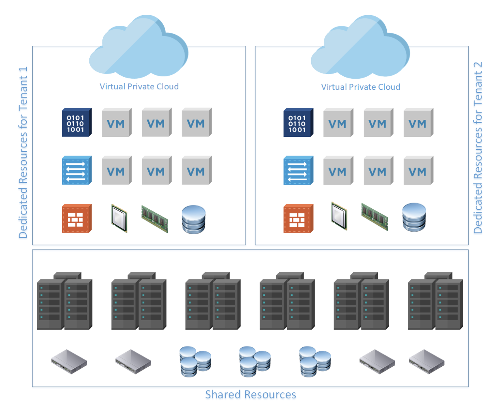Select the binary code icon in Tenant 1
(77, 123)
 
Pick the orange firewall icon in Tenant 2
(298, 219)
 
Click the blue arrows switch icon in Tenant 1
(77, 171)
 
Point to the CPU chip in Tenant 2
(339, 216)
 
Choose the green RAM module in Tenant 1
(155, 219)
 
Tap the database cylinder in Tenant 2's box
(414, 217)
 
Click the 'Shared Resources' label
(250, 395)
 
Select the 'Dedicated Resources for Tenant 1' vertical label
(23, 153)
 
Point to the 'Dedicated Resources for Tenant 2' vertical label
(478, 148)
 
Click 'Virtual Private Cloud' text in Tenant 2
(361, 87)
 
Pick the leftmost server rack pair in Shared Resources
(65, 301)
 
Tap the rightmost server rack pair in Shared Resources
(436, 301)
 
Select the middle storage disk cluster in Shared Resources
(255, 362)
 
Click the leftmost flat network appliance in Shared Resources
(69, 361)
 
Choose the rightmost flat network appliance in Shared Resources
(426, 361)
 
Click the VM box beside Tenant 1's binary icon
(117, 123)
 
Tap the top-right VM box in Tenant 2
(418, 123)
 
